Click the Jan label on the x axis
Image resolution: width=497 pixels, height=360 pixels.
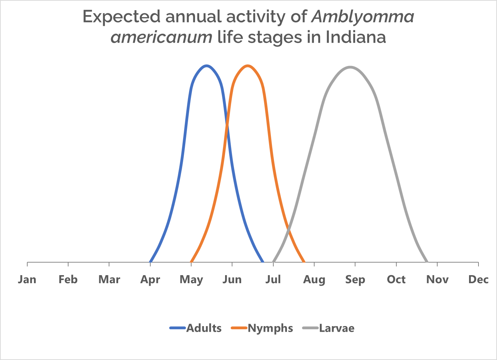point(27,280)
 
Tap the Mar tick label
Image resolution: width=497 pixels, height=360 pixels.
point(109,280)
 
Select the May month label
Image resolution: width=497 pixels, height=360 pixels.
point(191,280)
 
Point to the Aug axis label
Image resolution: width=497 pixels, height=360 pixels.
point(314,280)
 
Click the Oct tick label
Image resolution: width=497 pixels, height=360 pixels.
point(396,280)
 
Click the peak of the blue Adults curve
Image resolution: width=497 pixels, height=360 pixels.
point(207,66)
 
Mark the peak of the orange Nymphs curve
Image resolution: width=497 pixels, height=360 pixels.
point(248,66)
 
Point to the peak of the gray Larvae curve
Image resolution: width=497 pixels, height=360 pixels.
point(350,67)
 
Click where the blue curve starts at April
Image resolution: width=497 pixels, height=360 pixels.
point(150,262)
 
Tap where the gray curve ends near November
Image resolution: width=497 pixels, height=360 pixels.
point(427,261)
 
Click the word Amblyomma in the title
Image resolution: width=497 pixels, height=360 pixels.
point(362,17)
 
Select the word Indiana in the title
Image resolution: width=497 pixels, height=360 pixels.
point(356,37)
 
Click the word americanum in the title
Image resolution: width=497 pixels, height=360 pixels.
point(161,37)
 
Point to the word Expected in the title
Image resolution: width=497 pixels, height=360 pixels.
point(122,17)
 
